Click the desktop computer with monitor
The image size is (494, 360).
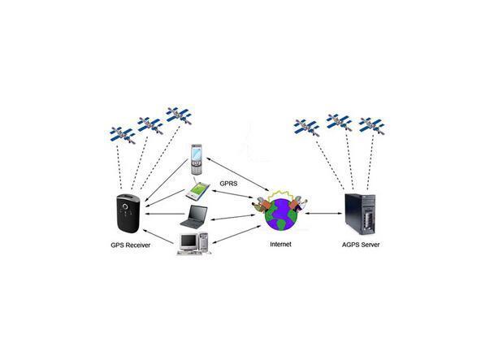(189, 245)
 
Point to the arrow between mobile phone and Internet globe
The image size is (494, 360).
(235, 174)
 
